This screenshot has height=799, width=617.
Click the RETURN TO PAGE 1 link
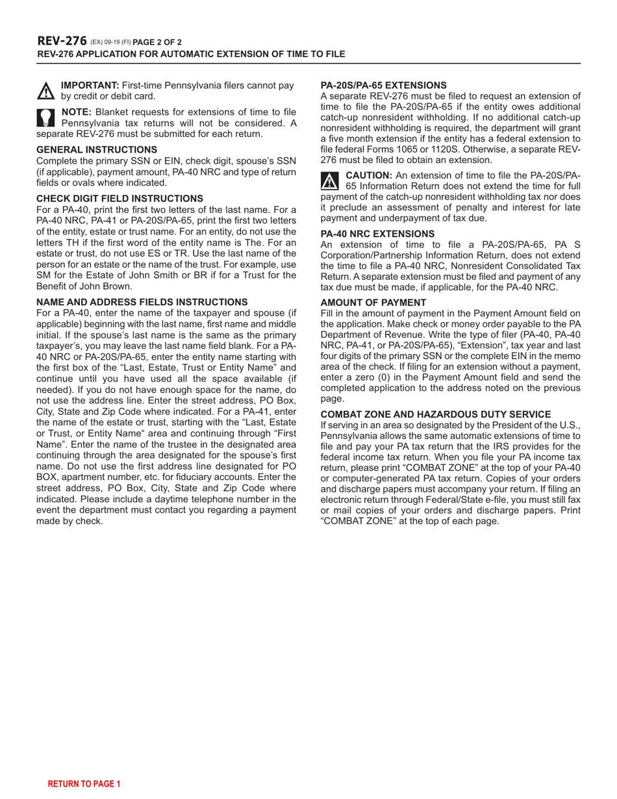tap(84, 784)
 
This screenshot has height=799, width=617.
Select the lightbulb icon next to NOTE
tap(46, 117)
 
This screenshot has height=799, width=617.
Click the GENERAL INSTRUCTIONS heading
tap(96, 149)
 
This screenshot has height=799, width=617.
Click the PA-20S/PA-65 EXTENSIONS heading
tap(383, 84)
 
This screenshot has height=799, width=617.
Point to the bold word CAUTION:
tap(368, 175)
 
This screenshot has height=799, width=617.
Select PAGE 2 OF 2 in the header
tap(158, 42)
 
